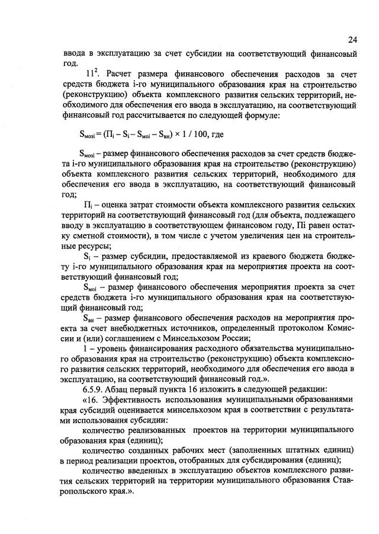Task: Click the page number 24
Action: tap(352, 40)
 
